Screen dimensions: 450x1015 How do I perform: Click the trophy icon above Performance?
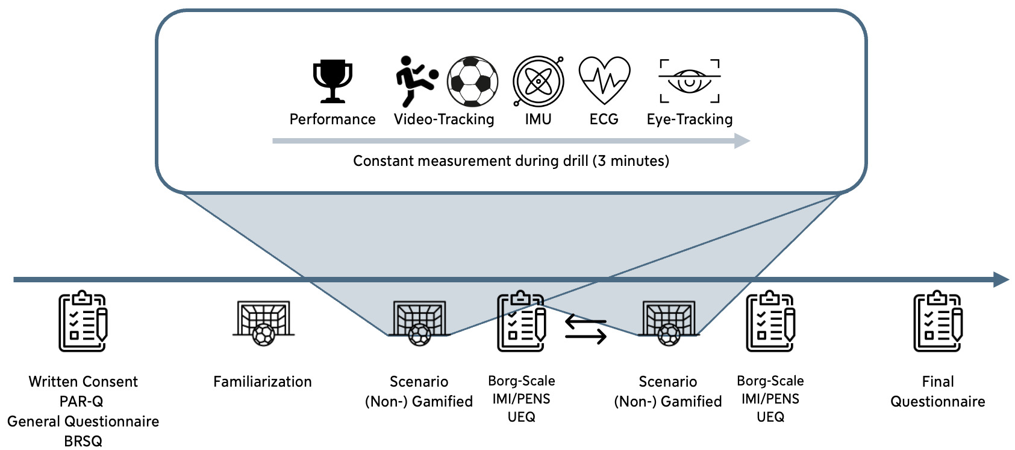[333, 81]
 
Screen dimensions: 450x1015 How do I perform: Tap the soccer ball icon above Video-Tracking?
[473, 81]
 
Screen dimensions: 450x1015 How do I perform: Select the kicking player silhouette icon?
[416, 81]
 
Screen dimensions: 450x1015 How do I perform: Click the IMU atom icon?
[538, 81]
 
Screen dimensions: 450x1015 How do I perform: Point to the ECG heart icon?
[604, 81]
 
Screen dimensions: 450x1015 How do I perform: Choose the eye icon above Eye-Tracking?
[690, 81]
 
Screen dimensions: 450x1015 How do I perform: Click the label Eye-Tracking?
[690, 119]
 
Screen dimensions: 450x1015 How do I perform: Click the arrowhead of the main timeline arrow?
[1001, 279]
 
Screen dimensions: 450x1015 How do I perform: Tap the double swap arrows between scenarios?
[586, 331]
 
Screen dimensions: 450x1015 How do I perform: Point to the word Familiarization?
[263, 382]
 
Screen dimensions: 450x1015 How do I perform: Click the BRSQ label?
[83, 442]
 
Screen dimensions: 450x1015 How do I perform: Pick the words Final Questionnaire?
[938, 391]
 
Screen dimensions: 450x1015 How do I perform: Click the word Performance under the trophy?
[333, 119]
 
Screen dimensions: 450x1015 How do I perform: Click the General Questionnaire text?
[83, 422]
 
